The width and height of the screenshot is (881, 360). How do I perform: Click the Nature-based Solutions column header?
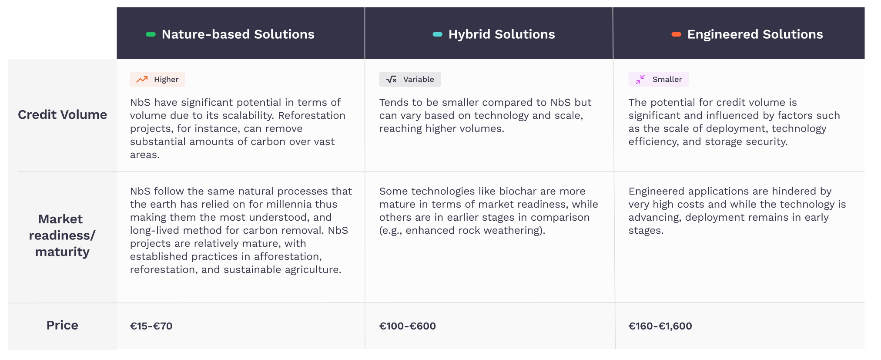pos(238,34)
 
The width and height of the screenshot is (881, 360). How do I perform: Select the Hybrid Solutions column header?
pos(502,34)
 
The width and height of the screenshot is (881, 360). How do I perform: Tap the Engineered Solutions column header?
pos(755,34)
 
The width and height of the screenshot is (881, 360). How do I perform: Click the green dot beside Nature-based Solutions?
pos(151,34)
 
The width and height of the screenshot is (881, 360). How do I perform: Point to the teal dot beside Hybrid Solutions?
pos(438,34)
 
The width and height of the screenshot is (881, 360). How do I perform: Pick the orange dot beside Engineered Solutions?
pos(676,34)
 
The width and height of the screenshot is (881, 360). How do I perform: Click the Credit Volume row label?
pos(62,114)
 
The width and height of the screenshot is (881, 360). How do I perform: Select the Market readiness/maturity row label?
pos(62,236)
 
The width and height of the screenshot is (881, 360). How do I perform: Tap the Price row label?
pos(62,325)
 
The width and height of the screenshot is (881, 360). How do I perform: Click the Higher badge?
pos(157,79)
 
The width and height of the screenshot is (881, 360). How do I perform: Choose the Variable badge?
pos(410,79)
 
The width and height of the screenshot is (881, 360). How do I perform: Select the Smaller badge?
pos(658,79)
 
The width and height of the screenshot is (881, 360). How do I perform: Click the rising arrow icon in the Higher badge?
pos(142,79)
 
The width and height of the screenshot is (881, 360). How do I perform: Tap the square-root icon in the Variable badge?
pos(392,79)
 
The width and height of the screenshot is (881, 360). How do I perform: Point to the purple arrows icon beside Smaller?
pos(640,79)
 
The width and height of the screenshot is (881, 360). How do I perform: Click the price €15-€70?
pos(151,326)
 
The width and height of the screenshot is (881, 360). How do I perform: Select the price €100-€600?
pos(407,326)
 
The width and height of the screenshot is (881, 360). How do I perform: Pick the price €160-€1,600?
pos(660,326)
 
